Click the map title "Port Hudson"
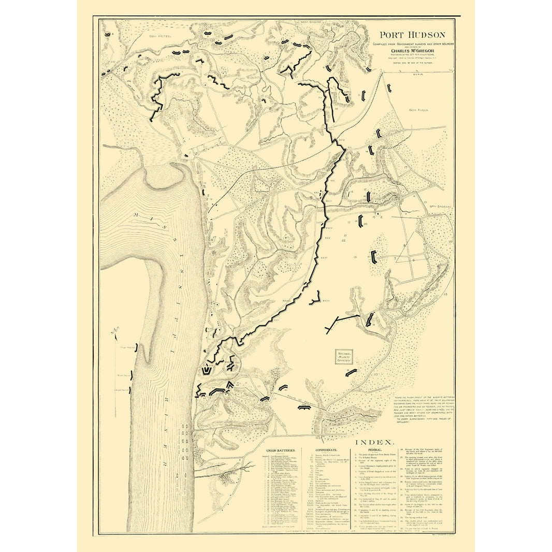click(412, 35)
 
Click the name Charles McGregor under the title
click(412, 51)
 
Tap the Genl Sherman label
click(439, 206)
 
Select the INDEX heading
click(375, 443)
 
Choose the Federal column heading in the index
click(375, 451)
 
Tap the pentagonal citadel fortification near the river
click(207, 370)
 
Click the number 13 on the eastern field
click(355, 257)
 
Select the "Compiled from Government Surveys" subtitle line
click(412, 45)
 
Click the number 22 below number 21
click(343, 240)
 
